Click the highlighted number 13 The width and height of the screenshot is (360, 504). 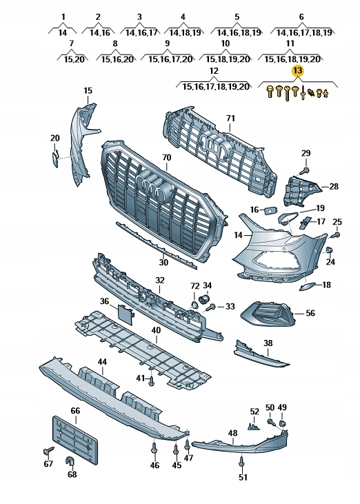pos(297,71)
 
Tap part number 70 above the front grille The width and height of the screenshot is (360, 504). pos(166,158)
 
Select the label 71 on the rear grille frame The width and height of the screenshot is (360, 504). pos(230,119)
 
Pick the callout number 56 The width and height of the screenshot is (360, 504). pos(310,313)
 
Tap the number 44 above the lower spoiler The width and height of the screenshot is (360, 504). pos(102,362)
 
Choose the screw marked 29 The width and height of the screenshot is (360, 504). pos(305,168)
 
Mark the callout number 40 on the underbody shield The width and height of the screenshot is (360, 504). pos(157,330)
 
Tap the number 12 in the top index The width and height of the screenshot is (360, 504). pos(213,71)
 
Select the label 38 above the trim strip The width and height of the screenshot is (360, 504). pos(268,343)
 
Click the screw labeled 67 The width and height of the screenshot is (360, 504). pos(46,451)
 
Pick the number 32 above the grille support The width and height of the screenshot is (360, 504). pos(160,281)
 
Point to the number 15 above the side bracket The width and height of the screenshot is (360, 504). pos(88,91)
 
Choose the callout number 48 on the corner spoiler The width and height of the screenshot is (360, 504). pos(232,433)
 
